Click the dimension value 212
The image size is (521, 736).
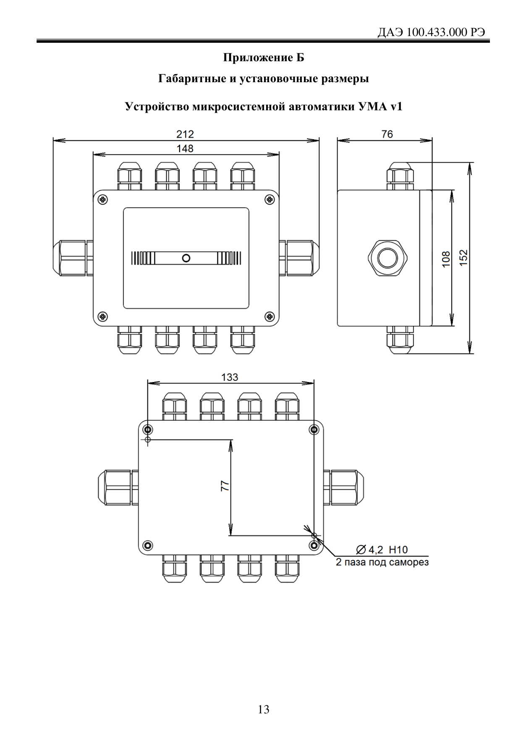[185, 134]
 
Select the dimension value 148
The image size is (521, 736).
[185, 148]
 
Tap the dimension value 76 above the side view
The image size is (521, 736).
[387, 134]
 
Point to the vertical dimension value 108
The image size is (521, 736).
[446, 258]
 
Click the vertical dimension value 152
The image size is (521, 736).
[463, 257]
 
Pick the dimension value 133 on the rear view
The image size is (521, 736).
[230, 377]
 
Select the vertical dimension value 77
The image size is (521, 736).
[225, 486]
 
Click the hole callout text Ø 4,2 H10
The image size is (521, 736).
[382, 549]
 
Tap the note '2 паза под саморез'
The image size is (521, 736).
[382, 562]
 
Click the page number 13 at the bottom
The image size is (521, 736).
[264, 710]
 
